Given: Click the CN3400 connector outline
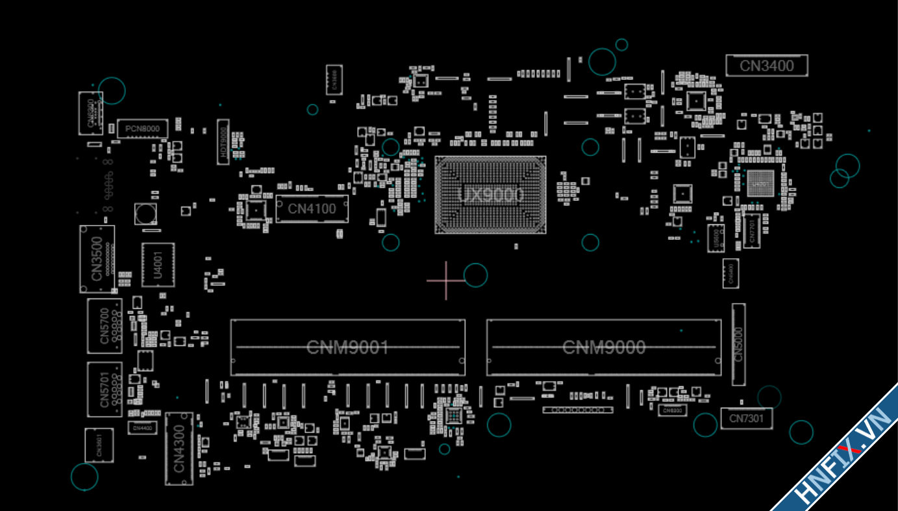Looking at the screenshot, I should (766, 66).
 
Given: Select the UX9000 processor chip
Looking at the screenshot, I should (490, 194).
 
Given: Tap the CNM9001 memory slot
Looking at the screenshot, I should (347, 347).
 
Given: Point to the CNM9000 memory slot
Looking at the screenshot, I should (603, 347).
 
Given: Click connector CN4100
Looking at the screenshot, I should (312, 209).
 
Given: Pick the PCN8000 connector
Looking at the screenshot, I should (142, 129).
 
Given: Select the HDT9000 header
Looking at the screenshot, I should (223, 142).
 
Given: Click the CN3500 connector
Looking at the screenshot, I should (97, 259).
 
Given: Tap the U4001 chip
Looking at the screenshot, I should (158, 265).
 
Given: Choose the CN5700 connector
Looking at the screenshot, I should (105, 326).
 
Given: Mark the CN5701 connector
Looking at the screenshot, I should (105, 389).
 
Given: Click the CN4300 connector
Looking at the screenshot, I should (179, 449).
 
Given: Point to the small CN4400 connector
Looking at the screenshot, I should (142, 428).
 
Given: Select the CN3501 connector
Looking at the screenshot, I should (99, 445).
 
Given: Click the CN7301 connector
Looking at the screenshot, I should (746, 419).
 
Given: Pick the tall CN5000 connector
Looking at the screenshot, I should (738, 344).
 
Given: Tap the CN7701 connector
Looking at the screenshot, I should (752, 231).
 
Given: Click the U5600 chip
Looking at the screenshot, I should (716, 238).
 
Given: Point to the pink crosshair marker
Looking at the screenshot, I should (446, 281).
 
